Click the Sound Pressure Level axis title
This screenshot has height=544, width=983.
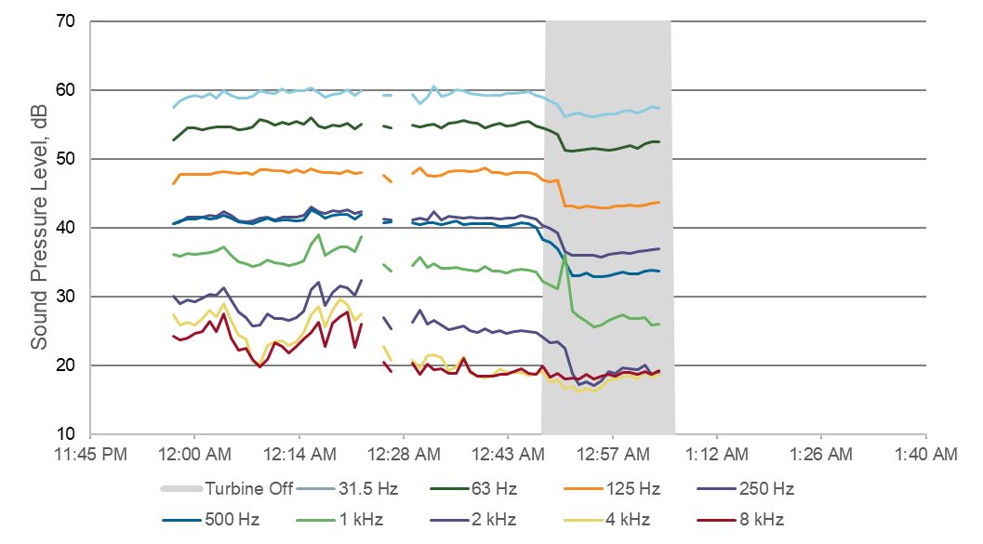click(x=39, y=228)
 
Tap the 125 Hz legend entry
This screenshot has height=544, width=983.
click(x=634, y=489)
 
